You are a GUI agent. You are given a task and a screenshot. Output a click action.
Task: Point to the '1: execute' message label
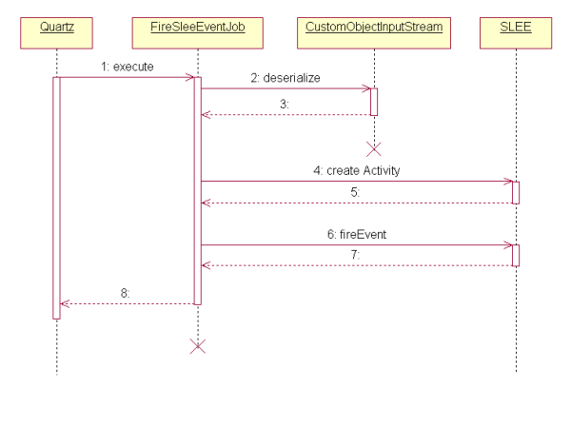click(127, 68)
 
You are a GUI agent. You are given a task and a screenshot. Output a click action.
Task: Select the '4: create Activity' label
click(357, 170)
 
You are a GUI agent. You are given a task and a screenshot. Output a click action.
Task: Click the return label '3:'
click(285, 105)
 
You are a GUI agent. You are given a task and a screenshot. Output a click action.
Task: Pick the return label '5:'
click(357, 193)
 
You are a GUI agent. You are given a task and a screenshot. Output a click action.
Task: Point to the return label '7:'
click(357, 256)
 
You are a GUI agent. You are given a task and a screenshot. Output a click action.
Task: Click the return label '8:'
click(127, 294)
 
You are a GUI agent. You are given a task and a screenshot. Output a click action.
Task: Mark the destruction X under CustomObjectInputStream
click(374, 148)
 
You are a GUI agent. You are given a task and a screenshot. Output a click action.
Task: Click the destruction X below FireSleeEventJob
click(198, 346)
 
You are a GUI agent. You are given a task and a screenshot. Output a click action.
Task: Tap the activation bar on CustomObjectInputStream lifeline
click(374, 102)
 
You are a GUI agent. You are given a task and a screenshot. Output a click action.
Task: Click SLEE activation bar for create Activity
click(516, 191)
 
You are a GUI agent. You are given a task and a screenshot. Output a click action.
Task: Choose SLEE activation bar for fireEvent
click(516, 255)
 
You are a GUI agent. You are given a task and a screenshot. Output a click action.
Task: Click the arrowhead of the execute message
click(190, 78)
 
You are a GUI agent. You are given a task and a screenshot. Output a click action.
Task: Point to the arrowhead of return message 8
click(65, 304)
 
